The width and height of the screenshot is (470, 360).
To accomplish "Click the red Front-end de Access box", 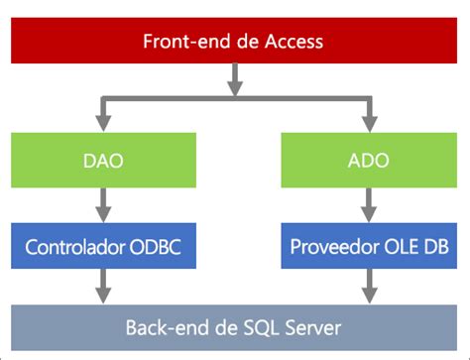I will (x=234, y=42).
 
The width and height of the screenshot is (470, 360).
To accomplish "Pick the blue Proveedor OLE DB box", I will (x=368, y=244).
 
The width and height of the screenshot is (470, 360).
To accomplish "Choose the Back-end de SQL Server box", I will (x=234, y=326).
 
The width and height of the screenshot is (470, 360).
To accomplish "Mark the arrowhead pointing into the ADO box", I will (x=368, y=124).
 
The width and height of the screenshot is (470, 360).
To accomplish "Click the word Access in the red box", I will (x=296, y=42).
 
